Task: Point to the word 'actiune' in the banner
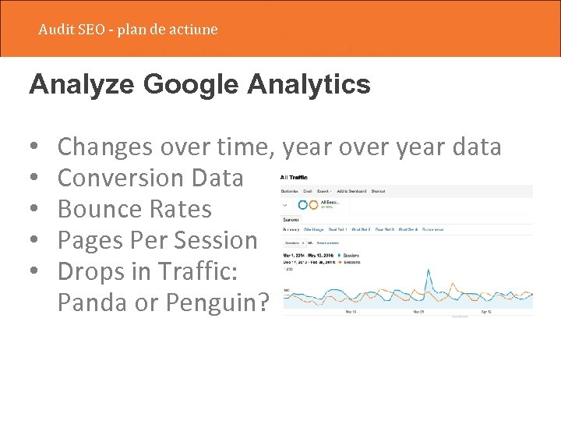[194, 30]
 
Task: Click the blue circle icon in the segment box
[302, 205]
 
